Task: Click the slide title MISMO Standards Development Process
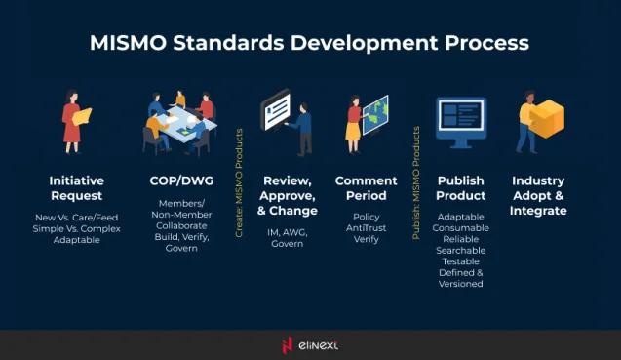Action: tap(309, 44)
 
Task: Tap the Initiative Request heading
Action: tap(76, 188)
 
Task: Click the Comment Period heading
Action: tap(366, 188)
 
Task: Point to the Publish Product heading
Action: tap(461, 188)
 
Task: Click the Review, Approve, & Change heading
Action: tap(290, 195)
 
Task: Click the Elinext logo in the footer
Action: tap(310, 344)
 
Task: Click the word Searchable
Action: tap(461, 250)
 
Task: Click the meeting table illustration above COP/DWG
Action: tap(178, 123)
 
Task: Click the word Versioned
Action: tap(461, 284)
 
